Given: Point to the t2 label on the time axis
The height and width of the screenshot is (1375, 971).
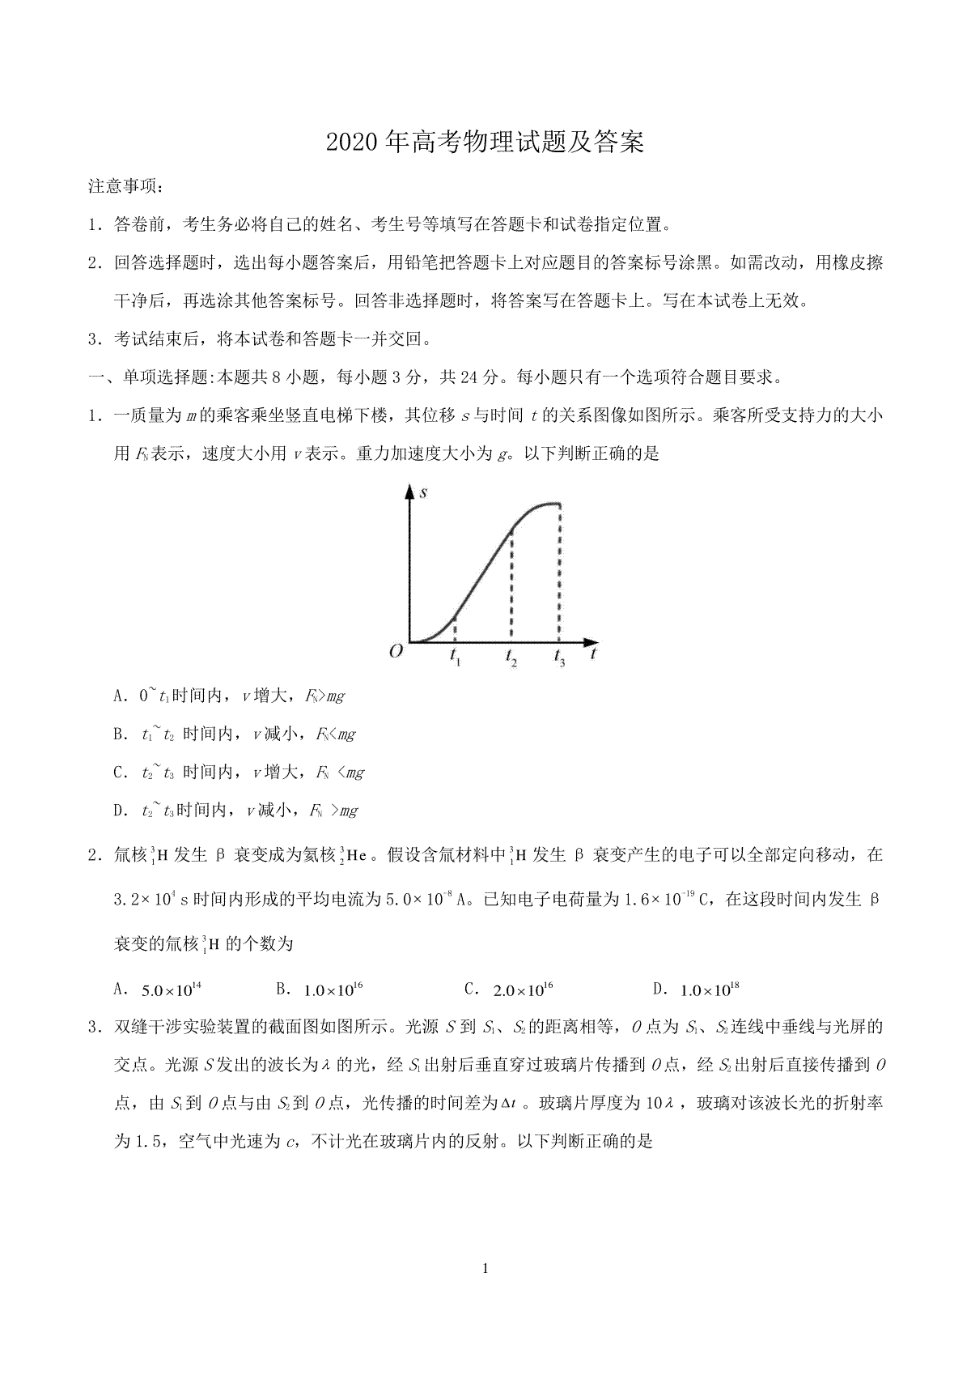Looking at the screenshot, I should tap(511, 658).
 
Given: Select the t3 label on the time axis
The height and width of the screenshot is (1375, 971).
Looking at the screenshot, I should tap(560, 658).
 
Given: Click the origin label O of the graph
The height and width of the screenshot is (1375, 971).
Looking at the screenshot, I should tap(396, 651).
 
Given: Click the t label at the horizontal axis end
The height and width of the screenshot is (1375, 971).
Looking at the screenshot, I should tap(595, 653).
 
